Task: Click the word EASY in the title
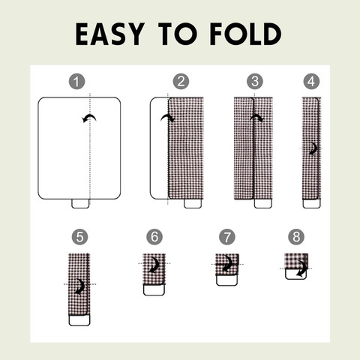(x=110, y=34)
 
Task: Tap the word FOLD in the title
(x=246, y=34)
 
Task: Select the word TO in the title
(x=178, y=34)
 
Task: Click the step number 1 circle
(x=76, y=82)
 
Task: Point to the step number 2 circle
(x=181, y=82)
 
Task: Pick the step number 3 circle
(x=255, y=82)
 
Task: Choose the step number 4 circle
(x=311, y=82)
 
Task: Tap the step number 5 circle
(x=79, y=237)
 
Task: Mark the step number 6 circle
(x=154, y=237)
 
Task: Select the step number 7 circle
(x=227, y=237)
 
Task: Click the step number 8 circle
(x=296, y=237)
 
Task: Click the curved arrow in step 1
(x=89, y=116)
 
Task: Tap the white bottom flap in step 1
(x=80, y=203)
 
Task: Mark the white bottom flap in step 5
(x=79, y=320)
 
